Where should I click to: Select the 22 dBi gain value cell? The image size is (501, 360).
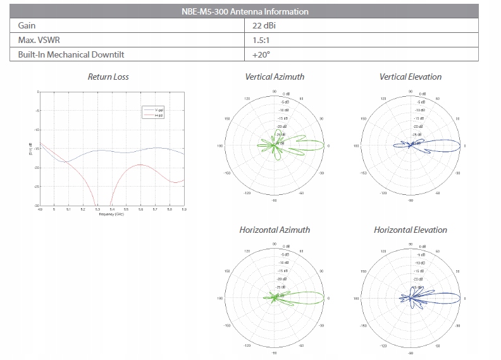click(264, 26)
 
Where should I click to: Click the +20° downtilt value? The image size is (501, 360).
click(259, 54)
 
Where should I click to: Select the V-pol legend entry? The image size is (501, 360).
click(159, 111)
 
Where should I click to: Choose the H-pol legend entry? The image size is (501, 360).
click(159, 116)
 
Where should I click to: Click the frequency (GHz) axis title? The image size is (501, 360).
click(111, 214)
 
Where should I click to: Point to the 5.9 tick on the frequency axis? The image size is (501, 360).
click(183, 210)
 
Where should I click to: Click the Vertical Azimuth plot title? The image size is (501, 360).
click(275, 77)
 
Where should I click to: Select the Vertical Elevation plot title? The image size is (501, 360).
click(411, 77)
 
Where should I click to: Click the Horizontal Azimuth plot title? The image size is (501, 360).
click(275, 230)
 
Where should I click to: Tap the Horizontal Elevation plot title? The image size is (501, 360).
click(411, 230)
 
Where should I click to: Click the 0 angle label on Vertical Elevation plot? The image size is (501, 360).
click(466, 146)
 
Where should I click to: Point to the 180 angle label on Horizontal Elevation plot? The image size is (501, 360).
click(357, 299)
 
